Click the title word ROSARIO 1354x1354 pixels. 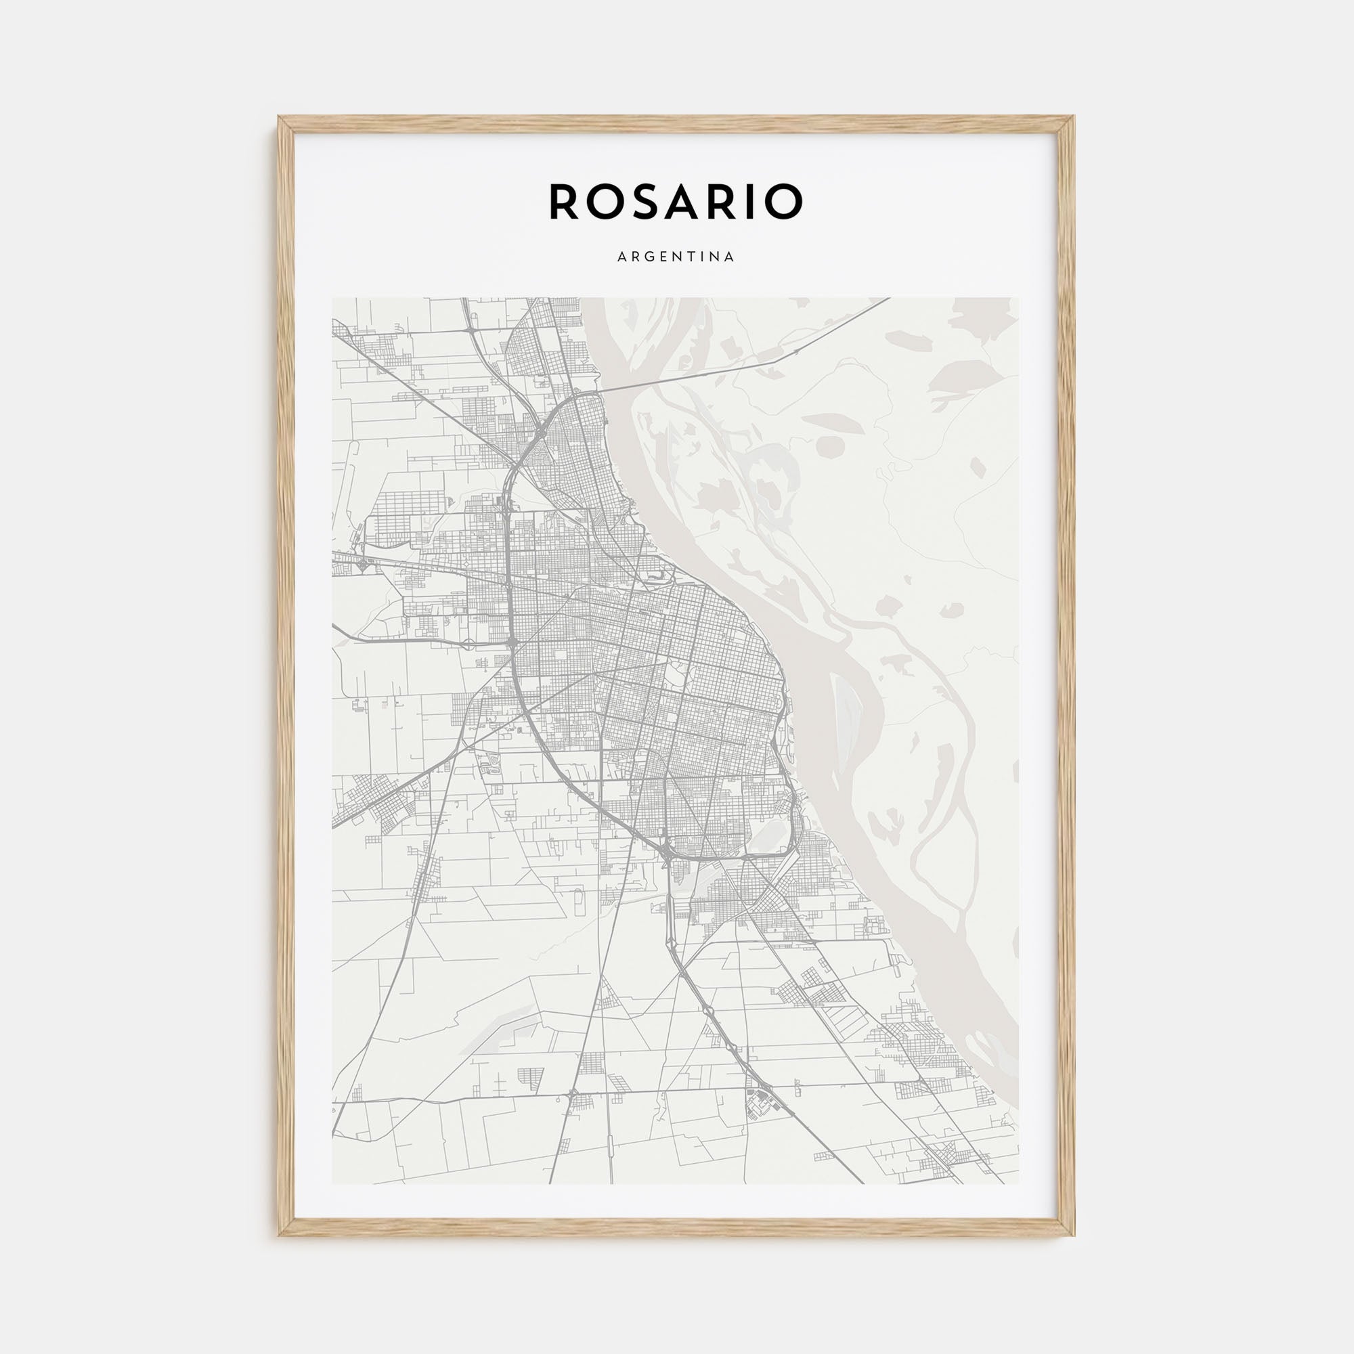tap(676, 202)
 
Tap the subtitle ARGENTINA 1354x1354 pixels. tap(676, 257)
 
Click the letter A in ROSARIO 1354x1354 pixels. tap(691, 202)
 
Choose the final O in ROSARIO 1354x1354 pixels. tap(786, 202)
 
